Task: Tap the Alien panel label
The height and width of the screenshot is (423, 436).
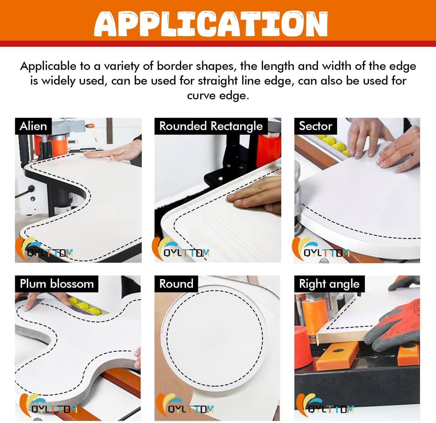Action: (33, 126)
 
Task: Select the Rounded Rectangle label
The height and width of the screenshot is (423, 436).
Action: (211, 126)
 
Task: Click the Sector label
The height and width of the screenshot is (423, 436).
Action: (315, 126)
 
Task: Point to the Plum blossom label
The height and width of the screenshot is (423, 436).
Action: (57, 284)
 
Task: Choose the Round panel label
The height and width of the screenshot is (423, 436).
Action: (176, 284)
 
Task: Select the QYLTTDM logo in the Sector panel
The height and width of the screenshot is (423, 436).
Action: (321, 249)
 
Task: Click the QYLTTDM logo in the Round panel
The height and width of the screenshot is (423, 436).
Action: (185, 405)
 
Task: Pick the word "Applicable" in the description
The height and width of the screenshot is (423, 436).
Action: (48, 67)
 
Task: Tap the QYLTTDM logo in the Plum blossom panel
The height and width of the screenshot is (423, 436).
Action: (47, 405)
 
